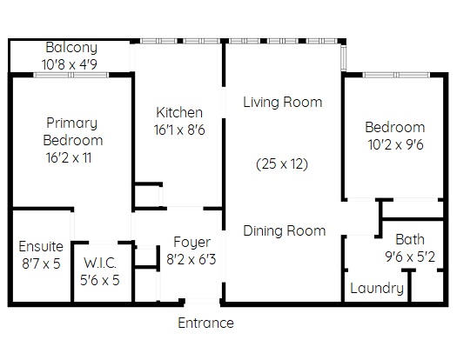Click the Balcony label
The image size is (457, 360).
pos(71,48)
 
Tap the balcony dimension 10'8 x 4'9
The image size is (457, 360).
pos(70,64)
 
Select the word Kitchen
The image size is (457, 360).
pos(179,112)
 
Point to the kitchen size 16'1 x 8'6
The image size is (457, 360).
pos(179,130)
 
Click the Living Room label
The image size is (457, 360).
pos(283,103)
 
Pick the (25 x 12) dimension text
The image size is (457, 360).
pos(282,164)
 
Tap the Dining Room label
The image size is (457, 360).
pos(284,231)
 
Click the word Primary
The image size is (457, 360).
pos(71,123)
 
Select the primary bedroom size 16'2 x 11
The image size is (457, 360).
pos(69,158)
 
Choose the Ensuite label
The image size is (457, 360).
pos(41,247)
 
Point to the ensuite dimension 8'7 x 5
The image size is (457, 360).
pos(41,263)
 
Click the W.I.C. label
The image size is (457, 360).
pos(100,263)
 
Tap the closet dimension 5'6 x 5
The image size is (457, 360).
pos(100,280)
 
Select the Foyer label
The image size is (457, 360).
pos(192,243)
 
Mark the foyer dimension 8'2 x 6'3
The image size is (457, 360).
pos(192,259)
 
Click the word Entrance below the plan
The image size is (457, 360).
pos(205,323)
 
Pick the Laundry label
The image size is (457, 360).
pos(377,289)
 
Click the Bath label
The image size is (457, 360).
pos(410,240)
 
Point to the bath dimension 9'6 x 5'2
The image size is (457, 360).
pos(410,257)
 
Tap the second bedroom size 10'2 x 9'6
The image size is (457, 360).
pos(395,144)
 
